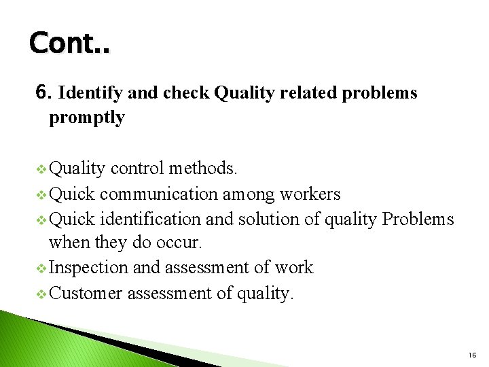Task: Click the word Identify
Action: [x=90, y=93]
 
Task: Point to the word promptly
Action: [x=86, y=118]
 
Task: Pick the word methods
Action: [x=203, y=168]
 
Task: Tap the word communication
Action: [x=160, y=194]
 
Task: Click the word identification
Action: [x=150, y=219]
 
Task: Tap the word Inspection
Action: [x=88, y=268]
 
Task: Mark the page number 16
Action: [x=472, y=354]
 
